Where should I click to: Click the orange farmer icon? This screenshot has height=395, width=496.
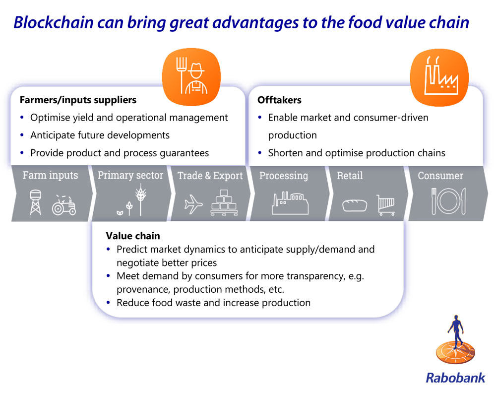191,77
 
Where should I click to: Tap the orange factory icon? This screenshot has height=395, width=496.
439,77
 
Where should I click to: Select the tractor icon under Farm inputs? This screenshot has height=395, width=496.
64,205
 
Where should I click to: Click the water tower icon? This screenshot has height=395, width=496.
35,202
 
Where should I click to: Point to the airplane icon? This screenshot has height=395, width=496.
193,204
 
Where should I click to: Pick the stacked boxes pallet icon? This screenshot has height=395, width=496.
224,203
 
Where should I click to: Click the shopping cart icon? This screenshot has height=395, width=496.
385,205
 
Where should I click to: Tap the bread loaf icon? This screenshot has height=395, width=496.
355,205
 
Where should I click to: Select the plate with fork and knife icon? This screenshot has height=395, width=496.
448,201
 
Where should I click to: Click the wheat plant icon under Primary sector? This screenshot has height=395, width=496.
140,201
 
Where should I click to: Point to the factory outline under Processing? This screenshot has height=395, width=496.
290,203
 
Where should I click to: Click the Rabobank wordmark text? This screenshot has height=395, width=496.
455,378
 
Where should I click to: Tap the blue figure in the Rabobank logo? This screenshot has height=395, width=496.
456,331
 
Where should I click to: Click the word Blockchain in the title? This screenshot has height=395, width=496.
54,22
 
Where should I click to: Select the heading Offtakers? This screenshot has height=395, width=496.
279,100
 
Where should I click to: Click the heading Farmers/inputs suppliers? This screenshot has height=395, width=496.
78,100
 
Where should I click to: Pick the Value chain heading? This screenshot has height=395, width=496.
133,236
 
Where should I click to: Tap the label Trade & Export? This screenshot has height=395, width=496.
210,176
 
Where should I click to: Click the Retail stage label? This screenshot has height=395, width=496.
350,175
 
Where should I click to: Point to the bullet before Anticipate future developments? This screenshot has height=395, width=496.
22,135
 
